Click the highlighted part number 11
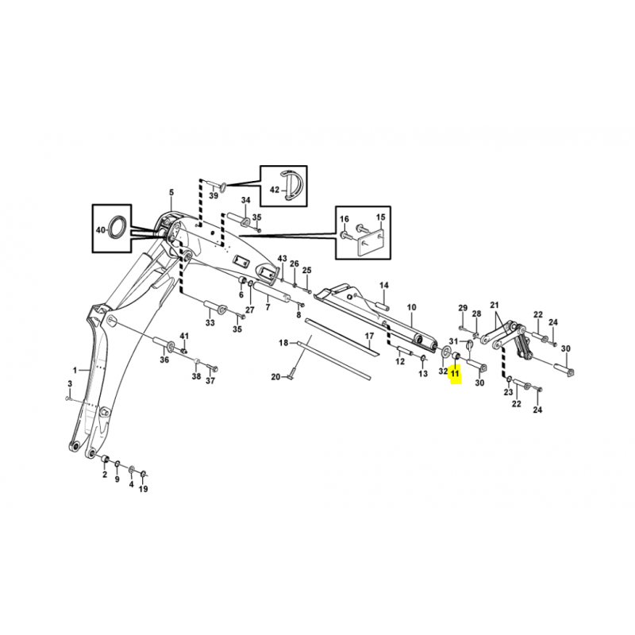455,373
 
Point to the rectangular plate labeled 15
370,243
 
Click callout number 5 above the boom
171,192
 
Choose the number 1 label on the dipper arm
75,370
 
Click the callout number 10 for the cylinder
411,307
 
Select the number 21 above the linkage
495,305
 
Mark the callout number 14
384,285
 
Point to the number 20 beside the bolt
275,377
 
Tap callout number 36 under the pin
164,360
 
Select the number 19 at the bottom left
144,489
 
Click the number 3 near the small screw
70,383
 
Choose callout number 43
283,259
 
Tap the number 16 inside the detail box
344,219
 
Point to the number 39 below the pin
214,195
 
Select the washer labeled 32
447,350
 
